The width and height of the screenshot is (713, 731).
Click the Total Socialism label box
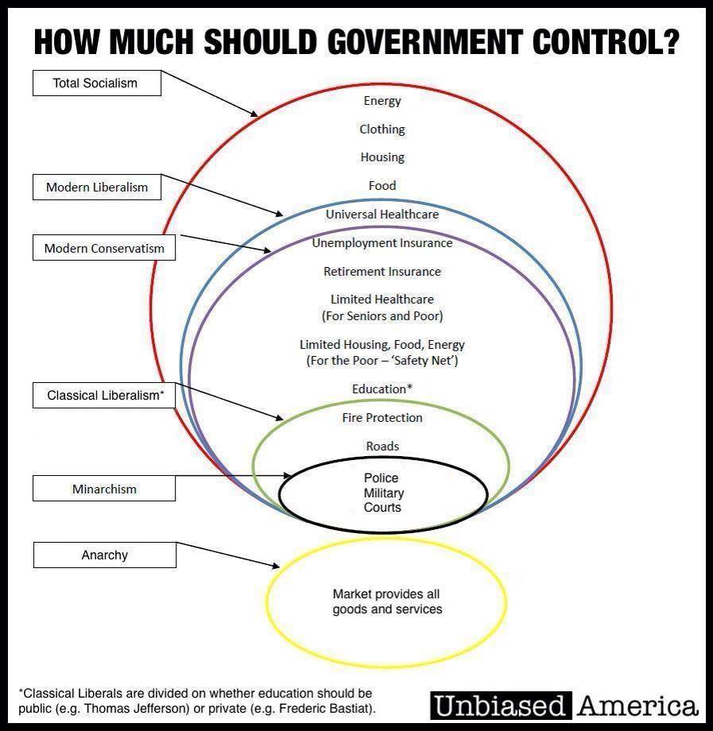coord(96,83)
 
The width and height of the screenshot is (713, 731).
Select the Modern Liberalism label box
coord(96,188)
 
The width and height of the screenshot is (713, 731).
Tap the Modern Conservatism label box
coord(104,248)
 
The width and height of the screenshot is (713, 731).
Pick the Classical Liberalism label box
coord(104,395)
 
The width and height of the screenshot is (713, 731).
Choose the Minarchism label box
coord(104,489)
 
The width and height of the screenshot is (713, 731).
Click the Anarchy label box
coord(104,555)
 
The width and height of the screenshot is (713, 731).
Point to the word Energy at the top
coord(382,101)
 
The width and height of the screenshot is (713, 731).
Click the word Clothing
coord(382,129)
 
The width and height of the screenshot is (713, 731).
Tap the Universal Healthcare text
coord(382,214)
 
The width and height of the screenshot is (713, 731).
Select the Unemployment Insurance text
coord(382,242)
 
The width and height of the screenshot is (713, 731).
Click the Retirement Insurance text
coord(382,271)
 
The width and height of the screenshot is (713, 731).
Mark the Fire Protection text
coord(382,417)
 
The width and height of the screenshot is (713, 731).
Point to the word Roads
coord(382,446)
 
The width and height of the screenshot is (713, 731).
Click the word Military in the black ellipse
coord(382,493)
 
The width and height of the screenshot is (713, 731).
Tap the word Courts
coord(382,507)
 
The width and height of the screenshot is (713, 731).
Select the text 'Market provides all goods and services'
coord(387,601)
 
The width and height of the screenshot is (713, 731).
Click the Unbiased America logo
coord(564,705)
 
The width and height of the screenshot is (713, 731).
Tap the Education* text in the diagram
coord(382,389)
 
